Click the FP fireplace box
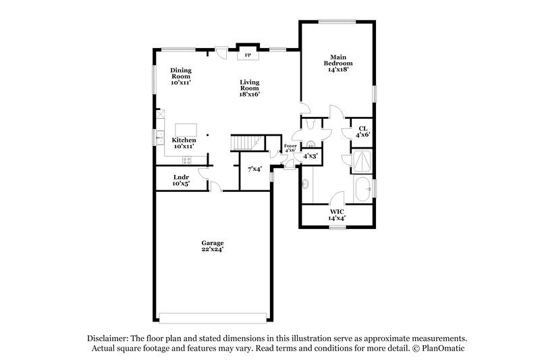coord(247,54)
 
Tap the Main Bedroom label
coord(337,63)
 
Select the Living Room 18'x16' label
coord(249,88)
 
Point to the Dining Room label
coord(180,76)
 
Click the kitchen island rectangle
coord(185,130)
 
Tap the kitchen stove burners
coord(187,160)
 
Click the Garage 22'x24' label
coord(212,246)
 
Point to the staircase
coord(246,143)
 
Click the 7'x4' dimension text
coord(254,169)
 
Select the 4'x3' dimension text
coord(310,156)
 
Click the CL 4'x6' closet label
coord(362,131)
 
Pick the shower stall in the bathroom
coord(362,162)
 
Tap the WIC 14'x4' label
coord(337,215)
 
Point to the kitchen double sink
coord(160,138)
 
